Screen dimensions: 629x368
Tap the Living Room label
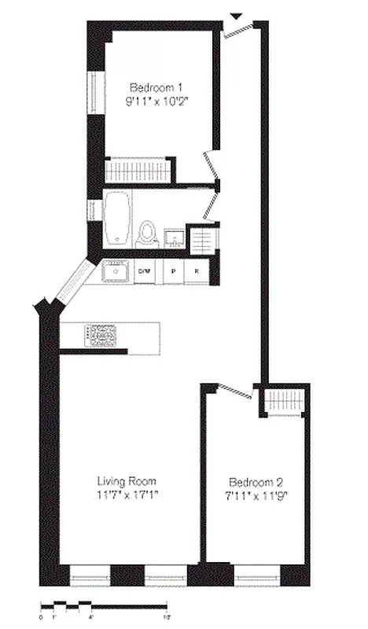(x=127, y=481)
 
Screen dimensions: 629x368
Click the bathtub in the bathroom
(x=117, y=217)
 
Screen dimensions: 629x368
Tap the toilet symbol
(x=147, y=233)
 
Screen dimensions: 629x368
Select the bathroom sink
(x=174, y=237)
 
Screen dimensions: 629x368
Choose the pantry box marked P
(x=173, y=272)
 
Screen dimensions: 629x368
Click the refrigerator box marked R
(x=197, y=272)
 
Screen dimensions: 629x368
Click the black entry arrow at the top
(x=235, y=16)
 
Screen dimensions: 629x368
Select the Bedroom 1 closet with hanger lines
(x=138, y=171)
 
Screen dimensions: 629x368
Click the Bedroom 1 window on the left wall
(x=98, y=94)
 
